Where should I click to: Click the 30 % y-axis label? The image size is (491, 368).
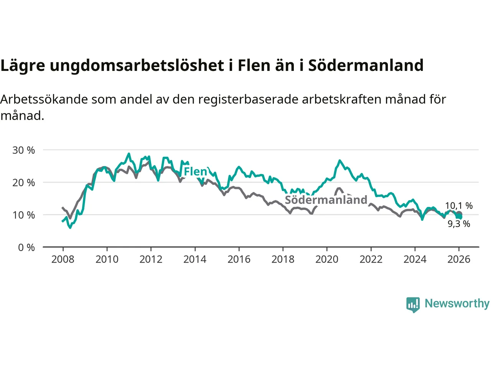(23, 150)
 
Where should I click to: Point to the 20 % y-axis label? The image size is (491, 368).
(23, 183)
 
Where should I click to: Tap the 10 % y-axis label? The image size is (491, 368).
(23, 215)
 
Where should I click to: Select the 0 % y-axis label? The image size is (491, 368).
(26, 248)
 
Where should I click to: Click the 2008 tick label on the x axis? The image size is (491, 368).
(63, 260)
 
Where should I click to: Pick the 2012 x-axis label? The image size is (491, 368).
(151, 260)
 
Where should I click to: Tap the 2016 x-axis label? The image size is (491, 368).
(239, 260)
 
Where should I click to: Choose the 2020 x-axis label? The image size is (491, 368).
(327, 260)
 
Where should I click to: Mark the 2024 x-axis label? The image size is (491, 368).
(415, 260)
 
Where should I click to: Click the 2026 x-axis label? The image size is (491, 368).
(459, 260)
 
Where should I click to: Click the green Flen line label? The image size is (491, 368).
(195, 171)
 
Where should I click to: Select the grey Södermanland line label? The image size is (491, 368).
(326, 200)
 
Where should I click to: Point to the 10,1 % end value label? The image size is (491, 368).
(459, 206)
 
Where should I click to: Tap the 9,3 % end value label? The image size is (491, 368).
(459, 224)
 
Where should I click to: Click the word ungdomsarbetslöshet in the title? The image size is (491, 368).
(137, 66)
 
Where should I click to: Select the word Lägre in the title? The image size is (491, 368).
(23, 66)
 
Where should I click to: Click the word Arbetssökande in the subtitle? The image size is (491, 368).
(44, 99)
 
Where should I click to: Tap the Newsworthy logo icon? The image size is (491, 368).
(413, 305)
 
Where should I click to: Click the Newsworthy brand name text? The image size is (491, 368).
(457, 304)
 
